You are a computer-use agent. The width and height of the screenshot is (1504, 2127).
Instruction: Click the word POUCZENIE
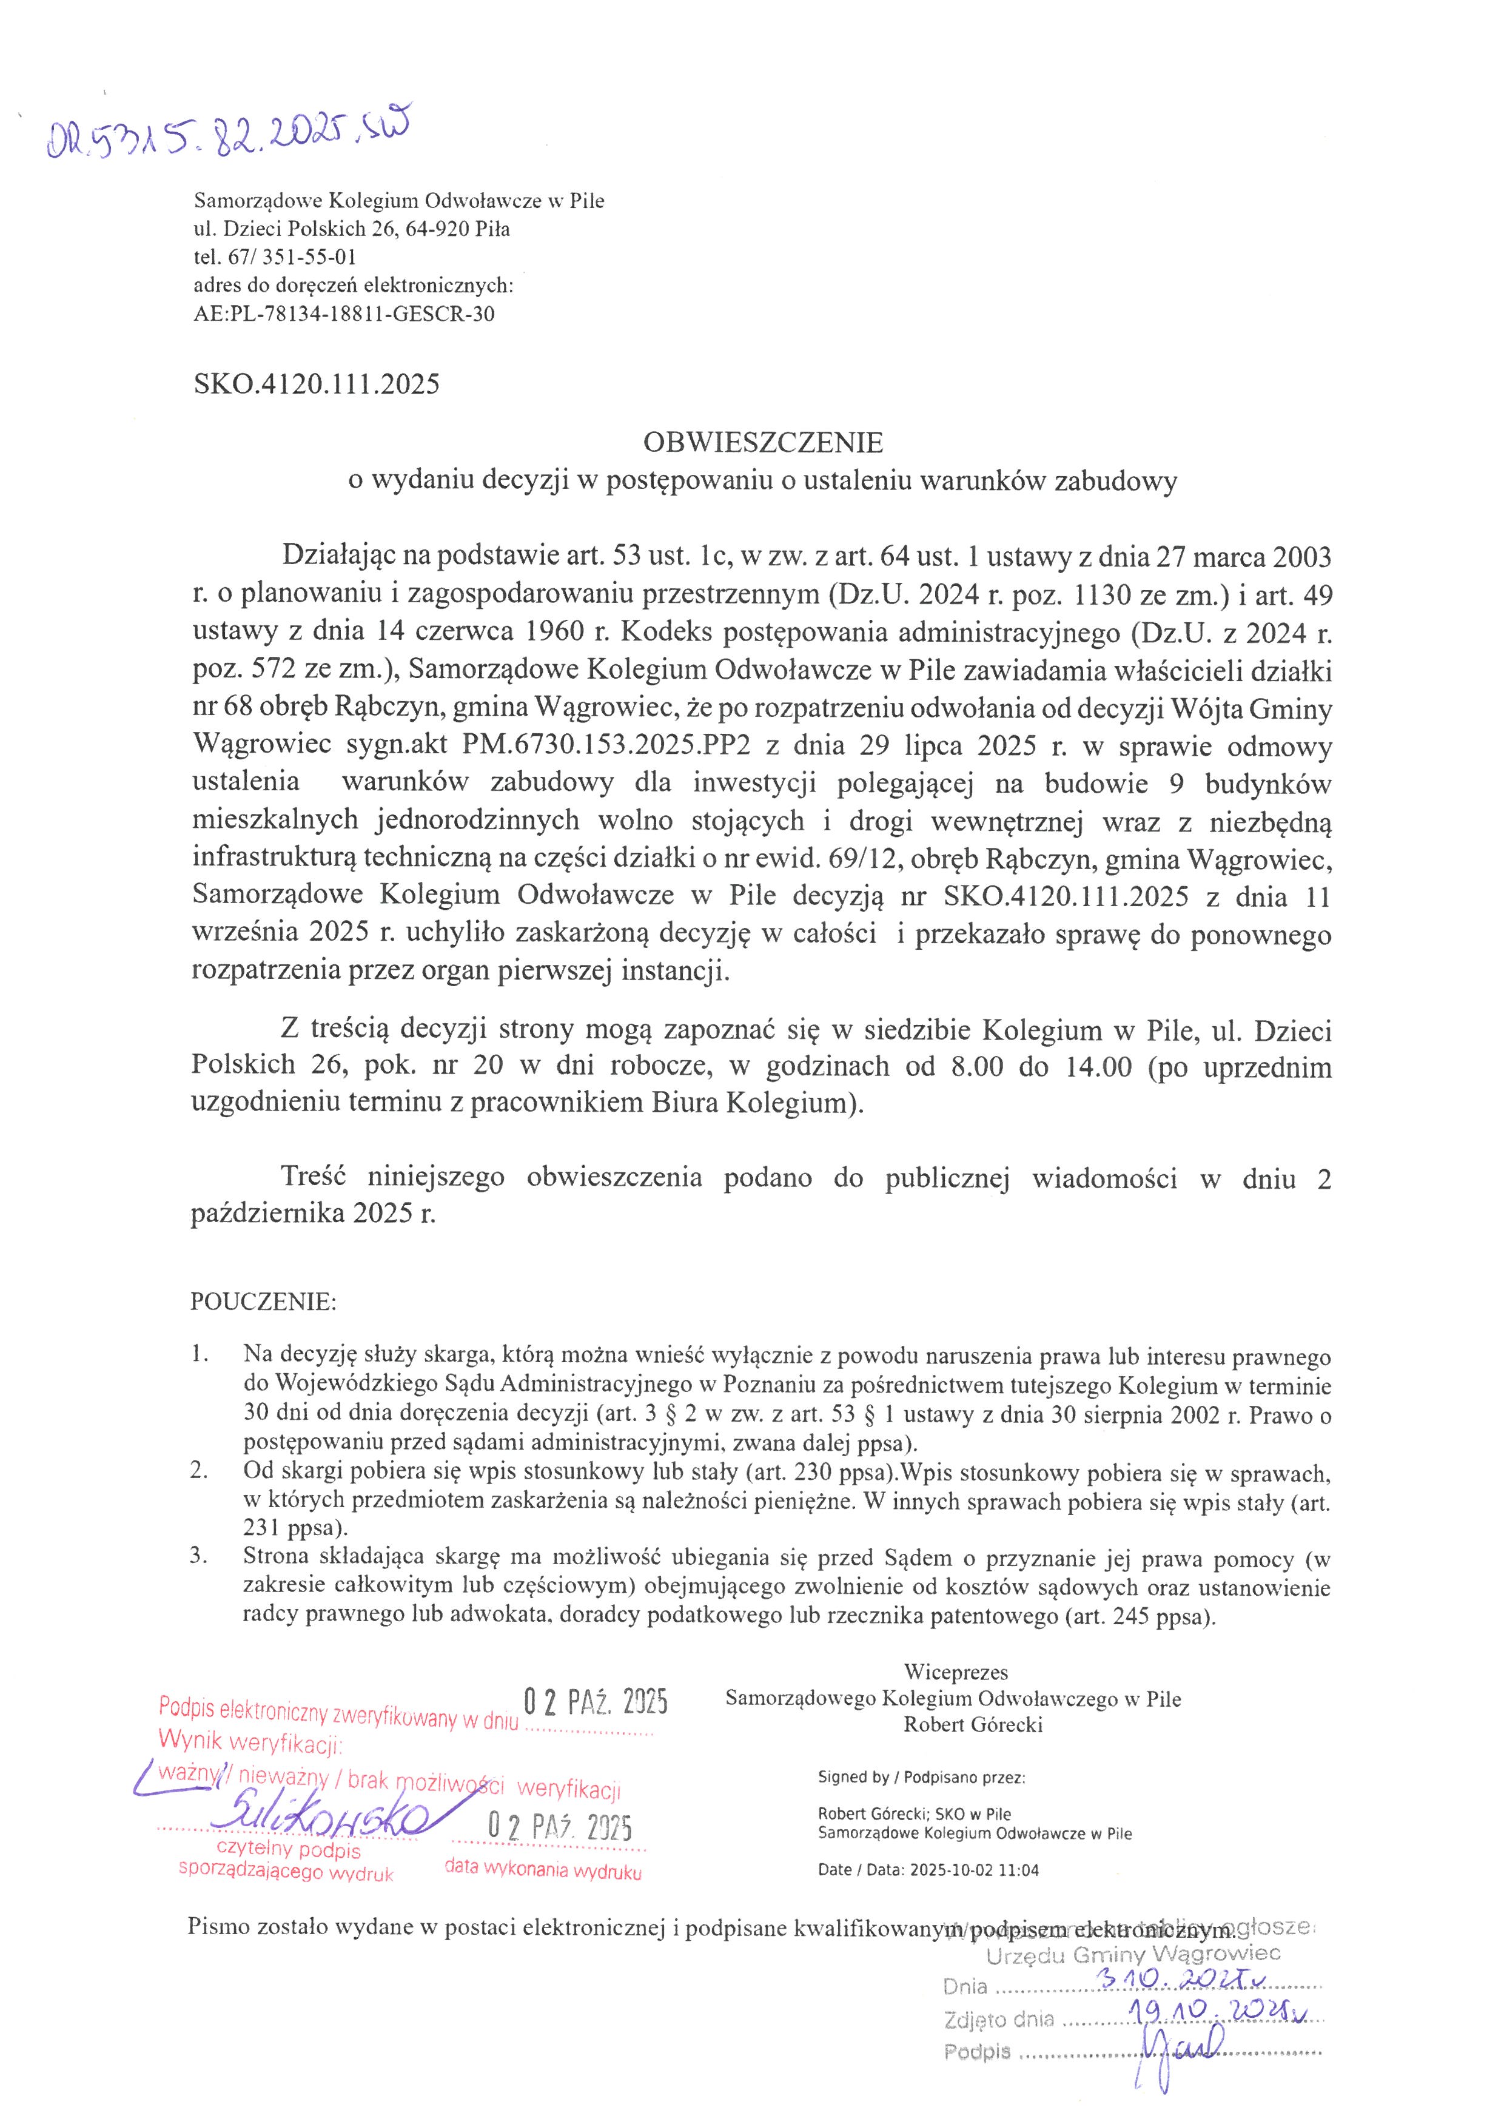click(264, 1302)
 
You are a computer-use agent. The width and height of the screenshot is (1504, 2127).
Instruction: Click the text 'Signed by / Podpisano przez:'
click(921, 1777)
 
